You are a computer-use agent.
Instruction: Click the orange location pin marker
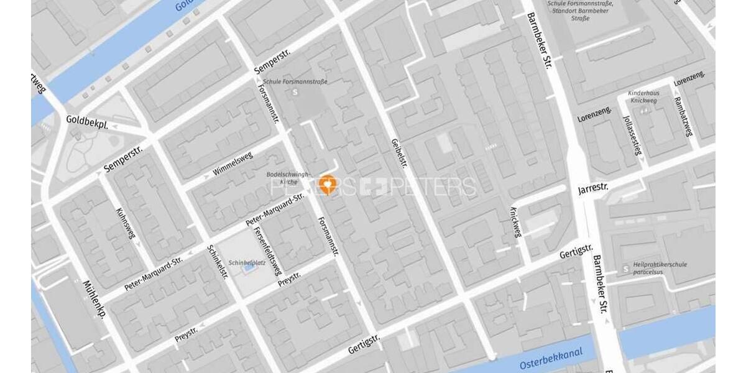[326, 184]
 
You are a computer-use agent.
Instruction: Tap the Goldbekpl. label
[87, 121]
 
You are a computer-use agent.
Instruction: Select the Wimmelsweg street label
[233, 163]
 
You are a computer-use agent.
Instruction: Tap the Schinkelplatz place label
[247, 262]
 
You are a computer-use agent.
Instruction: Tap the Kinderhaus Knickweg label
[644, 96]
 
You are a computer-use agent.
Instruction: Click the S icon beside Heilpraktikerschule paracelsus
[625, 269]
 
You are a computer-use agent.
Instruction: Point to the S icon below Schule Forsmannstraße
[295, 93]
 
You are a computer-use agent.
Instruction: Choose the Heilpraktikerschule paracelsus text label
[660, 268]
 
